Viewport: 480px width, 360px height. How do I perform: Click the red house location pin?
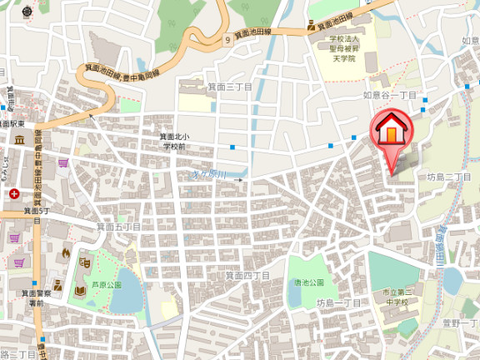389,134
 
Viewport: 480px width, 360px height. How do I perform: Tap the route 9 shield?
227,39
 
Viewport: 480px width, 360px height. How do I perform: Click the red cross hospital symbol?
13,193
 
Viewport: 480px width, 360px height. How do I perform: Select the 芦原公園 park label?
107,284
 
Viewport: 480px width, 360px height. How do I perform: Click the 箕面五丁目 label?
118,226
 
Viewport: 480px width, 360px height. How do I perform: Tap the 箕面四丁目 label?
247,274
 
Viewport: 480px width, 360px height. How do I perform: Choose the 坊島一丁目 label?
338,303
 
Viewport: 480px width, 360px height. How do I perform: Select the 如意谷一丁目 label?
389,95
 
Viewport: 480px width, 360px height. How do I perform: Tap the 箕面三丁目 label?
229,86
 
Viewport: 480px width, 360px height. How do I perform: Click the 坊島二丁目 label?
448,177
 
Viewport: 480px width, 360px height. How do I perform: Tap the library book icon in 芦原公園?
80,290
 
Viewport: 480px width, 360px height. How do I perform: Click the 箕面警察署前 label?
36,298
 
